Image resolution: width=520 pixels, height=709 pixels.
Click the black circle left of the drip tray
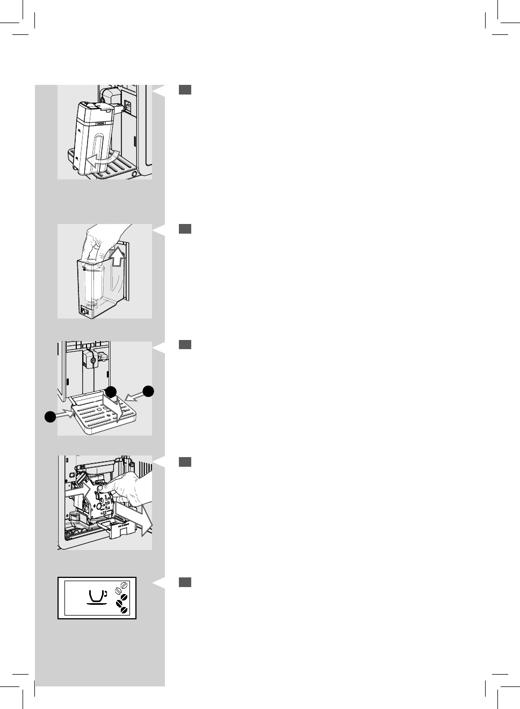point(50,416)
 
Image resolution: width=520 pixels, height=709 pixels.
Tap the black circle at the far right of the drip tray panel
point(148,391)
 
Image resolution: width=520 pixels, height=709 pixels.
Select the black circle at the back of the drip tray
point(111,391)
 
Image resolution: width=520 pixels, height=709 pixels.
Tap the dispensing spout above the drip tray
point(92,361)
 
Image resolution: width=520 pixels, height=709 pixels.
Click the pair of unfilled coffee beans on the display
point(124,586)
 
